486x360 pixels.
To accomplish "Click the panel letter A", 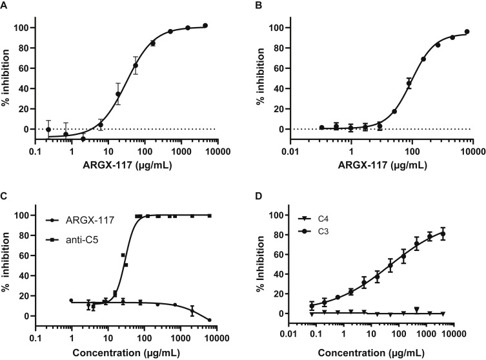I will pos(5,6).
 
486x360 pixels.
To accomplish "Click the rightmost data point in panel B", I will pos(467,32).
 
